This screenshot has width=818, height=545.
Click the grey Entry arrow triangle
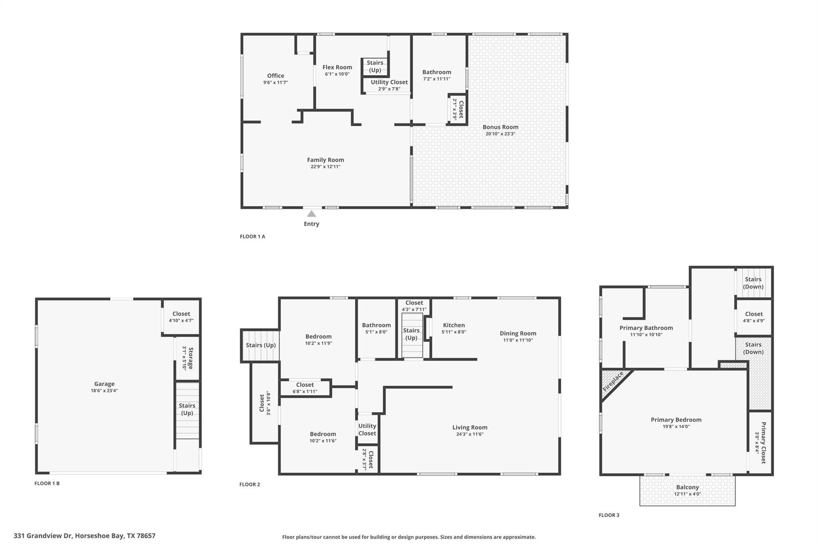[311, 214]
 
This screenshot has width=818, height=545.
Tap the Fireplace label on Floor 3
[613, 381]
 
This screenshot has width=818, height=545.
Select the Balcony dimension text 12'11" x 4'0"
[687, 494]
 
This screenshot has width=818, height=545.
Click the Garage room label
[104, 384]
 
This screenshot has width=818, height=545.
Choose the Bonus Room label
[500, 127]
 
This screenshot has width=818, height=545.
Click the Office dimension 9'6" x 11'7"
[275, 83]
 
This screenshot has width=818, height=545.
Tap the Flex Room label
[337, 67]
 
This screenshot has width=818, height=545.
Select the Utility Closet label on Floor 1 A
[389, 82]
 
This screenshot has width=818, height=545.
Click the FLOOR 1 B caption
[47, 483]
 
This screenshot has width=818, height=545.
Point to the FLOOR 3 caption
[609, 515]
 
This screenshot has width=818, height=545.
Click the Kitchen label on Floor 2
[454, 325]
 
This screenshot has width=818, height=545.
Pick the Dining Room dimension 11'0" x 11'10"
[518, 340]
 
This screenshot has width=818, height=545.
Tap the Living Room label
[470, 427]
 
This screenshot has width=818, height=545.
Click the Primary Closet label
[763, 442]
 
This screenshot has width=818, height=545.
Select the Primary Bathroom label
[646, 328]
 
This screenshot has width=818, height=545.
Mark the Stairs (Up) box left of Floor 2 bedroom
[260, 345]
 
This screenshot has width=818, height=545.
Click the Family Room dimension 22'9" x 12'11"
[325, 167]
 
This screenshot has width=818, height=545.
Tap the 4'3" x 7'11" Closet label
[414, 303]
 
